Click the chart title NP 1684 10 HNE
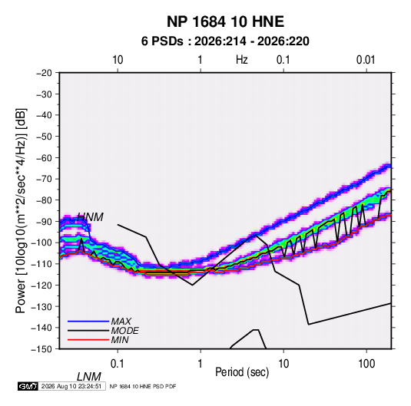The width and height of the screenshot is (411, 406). [225, 21]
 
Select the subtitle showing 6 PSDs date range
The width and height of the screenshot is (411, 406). [225, 41]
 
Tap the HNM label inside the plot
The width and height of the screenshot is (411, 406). [90, 217]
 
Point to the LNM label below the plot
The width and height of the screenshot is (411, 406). [89, 377]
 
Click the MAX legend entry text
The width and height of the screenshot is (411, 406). [121, 322]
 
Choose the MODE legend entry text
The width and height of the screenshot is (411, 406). [124, 331]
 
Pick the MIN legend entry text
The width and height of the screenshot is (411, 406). [120, 340]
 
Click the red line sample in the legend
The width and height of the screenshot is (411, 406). [88, 340]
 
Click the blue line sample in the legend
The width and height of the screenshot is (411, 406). [88, 322]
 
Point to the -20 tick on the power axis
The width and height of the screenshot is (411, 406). [44, 73]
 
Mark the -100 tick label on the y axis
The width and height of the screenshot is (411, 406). [41, 243]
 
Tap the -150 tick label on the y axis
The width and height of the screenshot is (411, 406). [41, 349]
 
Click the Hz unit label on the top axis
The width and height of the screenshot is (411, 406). [242, 60]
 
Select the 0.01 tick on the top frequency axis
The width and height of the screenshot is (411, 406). [366, 60]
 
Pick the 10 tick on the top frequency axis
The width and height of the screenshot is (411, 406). [118, 60]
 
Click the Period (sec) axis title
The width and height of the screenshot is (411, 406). [242, 372]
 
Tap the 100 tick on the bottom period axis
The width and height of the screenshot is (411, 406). [366, 364]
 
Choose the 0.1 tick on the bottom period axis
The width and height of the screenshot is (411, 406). [118, 364]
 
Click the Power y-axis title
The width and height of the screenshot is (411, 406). [21, 210]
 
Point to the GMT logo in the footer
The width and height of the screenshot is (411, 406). [28, 386]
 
